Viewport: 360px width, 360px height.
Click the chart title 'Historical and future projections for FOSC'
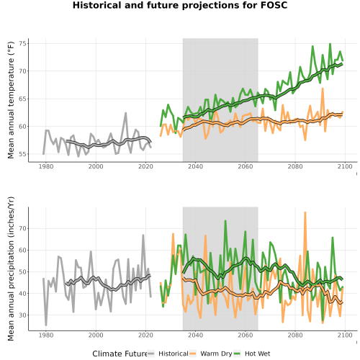click(x=180, y=5)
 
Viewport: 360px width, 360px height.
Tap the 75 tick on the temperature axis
click(x=24, y=43)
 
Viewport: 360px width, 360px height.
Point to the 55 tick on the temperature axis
click(x=24, y=154)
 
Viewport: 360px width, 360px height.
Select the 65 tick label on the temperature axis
click(x=24, y=99)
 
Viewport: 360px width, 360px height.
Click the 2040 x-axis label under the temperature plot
click(x=195, y=166)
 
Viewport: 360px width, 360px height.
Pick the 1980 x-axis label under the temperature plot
click(x=46, y=166)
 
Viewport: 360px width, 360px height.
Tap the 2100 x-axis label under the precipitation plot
click(x=345, y=335)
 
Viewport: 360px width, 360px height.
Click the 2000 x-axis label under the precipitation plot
click(x=96, y=335)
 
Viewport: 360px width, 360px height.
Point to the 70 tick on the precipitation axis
click(x=24, y=228)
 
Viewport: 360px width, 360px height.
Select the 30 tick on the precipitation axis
click(x=24, y=315)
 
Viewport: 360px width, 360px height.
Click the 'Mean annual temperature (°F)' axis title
click(x=11, y=100)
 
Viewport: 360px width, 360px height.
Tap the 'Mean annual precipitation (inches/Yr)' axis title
click(x=11, y=269)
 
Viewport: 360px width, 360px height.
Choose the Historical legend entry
click(x=168, y=354)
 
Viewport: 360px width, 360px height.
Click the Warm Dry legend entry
click(x=211, y=354)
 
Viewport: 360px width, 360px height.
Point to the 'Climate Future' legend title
click(x=120, y=354)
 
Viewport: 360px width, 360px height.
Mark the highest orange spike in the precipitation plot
click(x=305, y=212)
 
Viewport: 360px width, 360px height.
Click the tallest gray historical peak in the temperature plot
click(x=125, y=113)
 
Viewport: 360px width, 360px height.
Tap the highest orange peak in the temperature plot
click(x=323, y=89)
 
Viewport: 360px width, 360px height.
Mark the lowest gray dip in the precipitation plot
click(x=46, y=325)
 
